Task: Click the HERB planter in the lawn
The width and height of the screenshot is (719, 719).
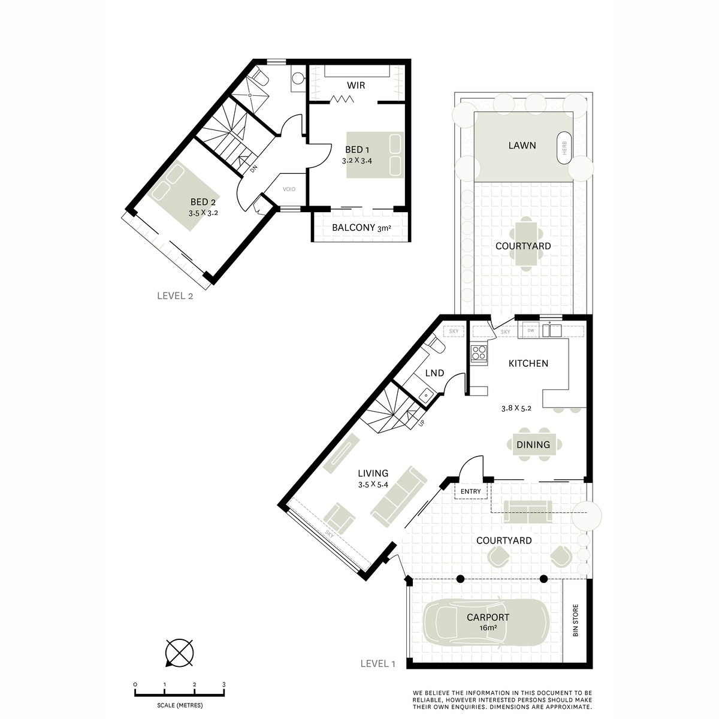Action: tap(564, 146)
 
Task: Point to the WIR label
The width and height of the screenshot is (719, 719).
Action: tap(357, 86)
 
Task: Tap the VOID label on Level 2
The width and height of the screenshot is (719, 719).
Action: tap(289, 189)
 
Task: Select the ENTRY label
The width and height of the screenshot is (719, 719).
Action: tap(471, 492)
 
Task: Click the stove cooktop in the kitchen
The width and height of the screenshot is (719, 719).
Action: tap(479, 353)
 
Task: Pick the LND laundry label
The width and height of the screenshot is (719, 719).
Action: tap(434, 373)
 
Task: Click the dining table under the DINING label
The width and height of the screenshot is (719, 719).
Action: tap(533, 445)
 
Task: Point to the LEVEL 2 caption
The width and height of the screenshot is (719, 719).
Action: tap(174, 295)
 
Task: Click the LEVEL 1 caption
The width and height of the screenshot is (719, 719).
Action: tap(378, 663)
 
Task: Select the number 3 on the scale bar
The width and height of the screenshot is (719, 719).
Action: tap(223, 684)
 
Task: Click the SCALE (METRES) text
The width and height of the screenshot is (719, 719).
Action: tap(179, 705)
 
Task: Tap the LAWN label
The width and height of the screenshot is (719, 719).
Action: tap(522, 145)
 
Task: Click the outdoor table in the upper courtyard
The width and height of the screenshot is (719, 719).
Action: tap(525, 246)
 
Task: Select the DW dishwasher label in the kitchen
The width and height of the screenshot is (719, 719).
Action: tap(530, 330)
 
